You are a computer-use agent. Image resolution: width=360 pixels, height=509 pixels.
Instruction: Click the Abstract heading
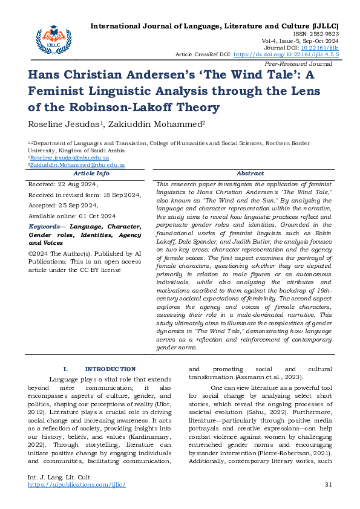pos(250,173)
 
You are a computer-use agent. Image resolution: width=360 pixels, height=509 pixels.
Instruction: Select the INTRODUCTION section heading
pos(110,369)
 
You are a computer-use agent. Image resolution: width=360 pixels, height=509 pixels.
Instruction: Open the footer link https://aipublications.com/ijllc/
pos(77,485)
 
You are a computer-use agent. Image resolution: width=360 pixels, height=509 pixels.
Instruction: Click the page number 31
pos(329,485)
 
